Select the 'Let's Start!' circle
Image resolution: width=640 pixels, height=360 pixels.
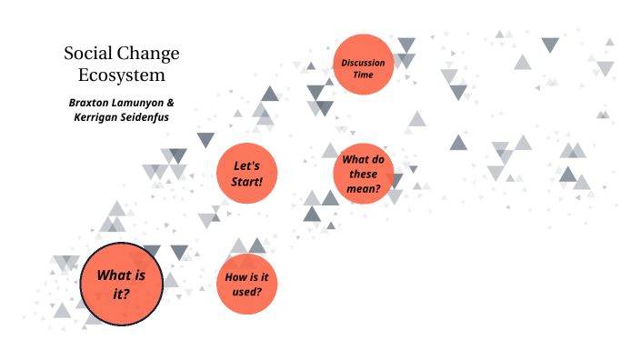click(x=246, y=174)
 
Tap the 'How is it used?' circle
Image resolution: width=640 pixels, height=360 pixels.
click(x=246, y=284)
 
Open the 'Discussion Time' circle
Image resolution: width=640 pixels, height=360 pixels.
click(x=364, y=65)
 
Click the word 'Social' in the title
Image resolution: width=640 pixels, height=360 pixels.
click(x=86, y=53)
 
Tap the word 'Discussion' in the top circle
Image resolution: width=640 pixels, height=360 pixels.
click(x=364, y=61)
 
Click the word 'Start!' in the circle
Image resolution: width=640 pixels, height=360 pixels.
click(x=246, y=181)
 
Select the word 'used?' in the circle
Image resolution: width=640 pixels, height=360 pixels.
click(x=246, y=291)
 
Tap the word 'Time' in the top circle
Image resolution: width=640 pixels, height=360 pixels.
click(x=364, y=74)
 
